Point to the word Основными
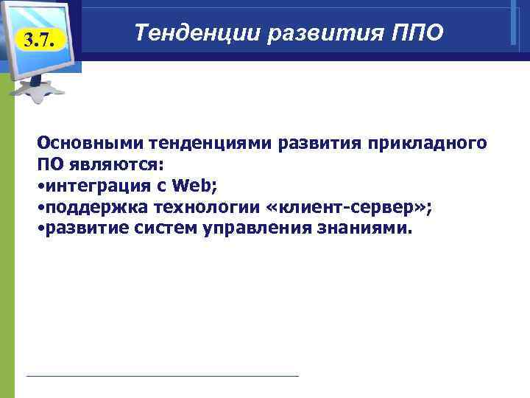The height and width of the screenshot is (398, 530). click(85, 142)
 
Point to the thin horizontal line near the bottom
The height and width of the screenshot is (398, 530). click(162, 376)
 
